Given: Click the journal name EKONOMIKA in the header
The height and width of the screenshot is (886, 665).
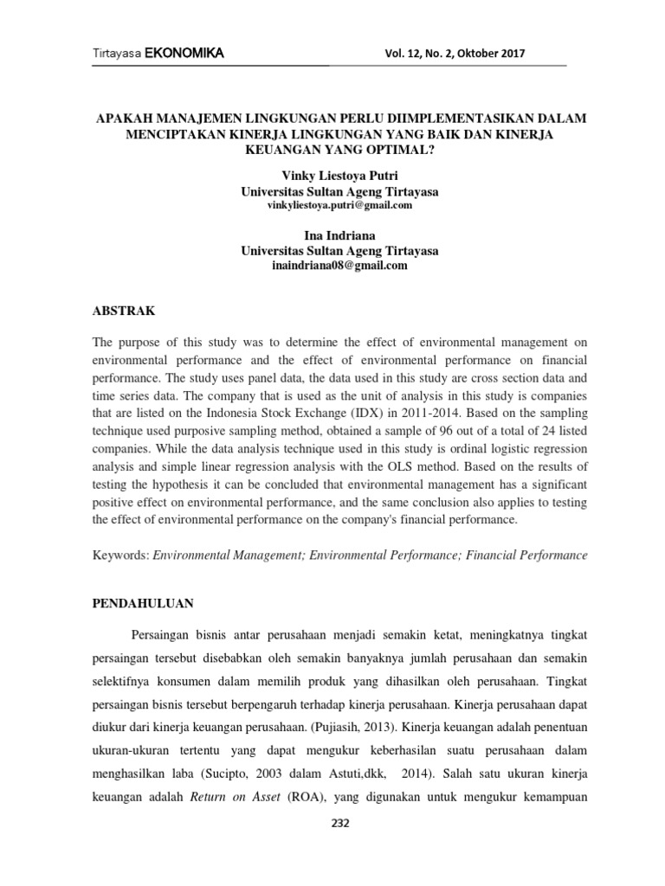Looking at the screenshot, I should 184,55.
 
